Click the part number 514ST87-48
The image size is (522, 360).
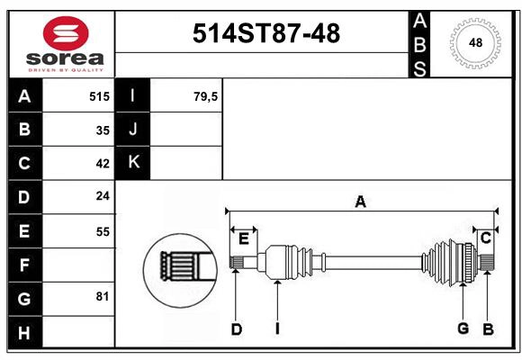tap(267, 34)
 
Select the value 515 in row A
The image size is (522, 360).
tap(99, 96)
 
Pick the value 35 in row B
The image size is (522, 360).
tap(103, 130)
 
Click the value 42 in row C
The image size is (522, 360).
tap(103, 164)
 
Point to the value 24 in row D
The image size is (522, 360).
tap(103, 197)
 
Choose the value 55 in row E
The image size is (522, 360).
tap(103, 231)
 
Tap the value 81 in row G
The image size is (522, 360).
tap(102, 297)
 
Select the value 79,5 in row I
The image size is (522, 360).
tap(206, 96)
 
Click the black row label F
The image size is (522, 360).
tap(24, 265)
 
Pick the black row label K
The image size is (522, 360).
tap(133, 163)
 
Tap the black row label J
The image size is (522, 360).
tap(133, 130)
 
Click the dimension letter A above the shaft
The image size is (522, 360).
tap(360, 202)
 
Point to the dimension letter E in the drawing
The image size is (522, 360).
tap(243, 238)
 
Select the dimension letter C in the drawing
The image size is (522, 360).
tap(485, 238)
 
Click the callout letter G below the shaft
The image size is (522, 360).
tap(463, 328)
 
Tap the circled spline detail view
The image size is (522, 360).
tap(180, 266)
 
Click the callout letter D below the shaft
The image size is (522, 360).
tap(236, 329)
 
